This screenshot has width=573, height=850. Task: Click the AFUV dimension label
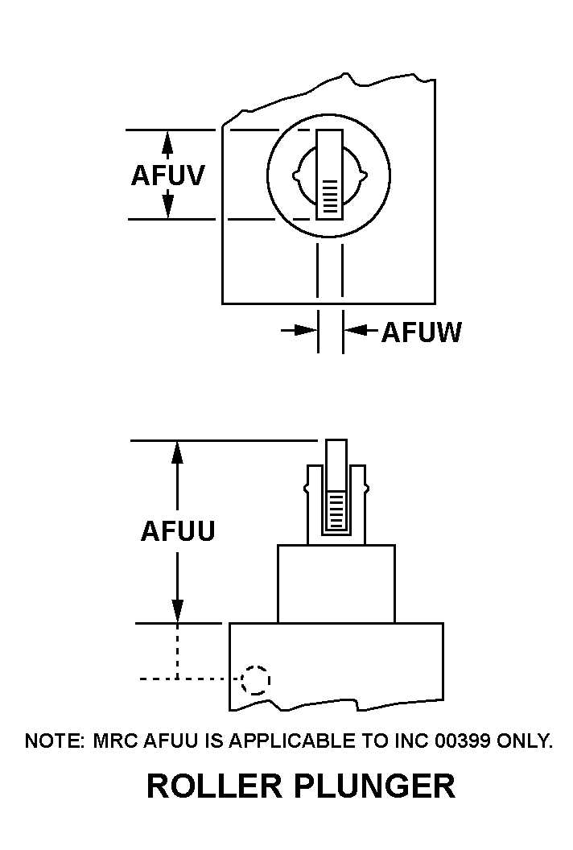click(167, 175)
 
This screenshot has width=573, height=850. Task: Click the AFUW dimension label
click(421, 332)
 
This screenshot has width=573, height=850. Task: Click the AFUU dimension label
click(178, 531)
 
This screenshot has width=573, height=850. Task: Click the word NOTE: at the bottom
click(54, 741)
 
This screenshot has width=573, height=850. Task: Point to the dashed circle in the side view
click(256, 680)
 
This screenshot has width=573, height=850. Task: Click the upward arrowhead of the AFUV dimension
click(167, 140)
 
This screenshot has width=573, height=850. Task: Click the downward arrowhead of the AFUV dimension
click(167, 208)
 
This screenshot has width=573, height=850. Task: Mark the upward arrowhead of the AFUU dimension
click(178, 452)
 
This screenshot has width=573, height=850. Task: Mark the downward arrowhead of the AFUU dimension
click(178, 612)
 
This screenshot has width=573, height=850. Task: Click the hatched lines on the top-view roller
click(330, 195)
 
